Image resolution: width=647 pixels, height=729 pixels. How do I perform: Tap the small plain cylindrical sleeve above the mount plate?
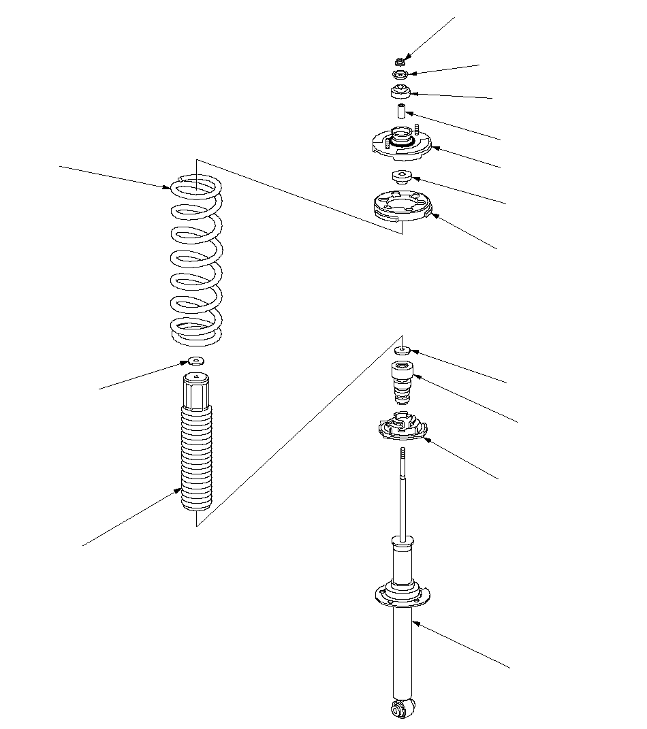pyautogui.click(x=402, y=111)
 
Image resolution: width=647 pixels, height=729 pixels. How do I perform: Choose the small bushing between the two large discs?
pyautogui.click(x=401, y=177)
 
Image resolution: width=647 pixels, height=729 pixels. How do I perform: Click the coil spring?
pyautogui.click(x=196, y=259)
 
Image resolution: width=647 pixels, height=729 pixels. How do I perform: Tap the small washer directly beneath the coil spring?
pyautogui.click(x=195, y=361)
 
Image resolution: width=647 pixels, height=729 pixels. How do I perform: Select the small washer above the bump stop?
pyautogui.click(x=402, y=351)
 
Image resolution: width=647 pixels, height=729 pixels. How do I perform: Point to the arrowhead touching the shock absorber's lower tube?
pyautogui.click(x=415, y=623)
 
